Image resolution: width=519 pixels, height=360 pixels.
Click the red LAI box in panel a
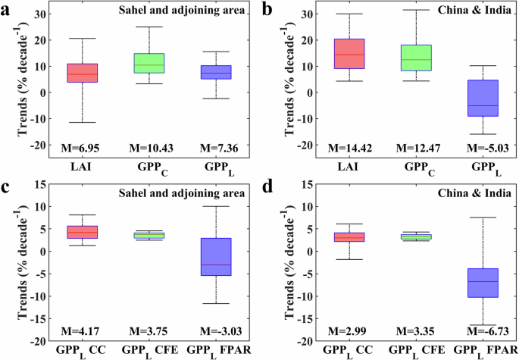pos(83,73)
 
